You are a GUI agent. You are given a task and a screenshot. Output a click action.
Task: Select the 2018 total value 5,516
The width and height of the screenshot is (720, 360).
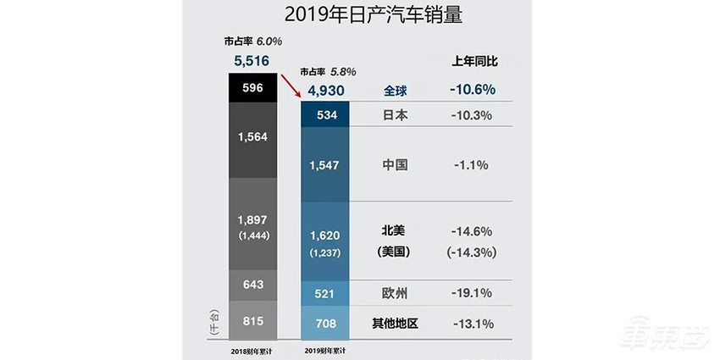pos(252,60)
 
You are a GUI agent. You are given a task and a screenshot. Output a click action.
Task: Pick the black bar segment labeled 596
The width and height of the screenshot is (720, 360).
pos(252,87)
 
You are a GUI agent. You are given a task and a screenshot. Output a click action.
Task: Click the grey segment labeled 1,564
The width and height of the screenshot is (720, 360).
pos(252,141)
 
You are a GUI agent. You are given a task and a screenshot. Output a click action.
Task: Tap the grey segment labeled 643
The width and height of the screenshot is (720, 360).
pos(252,285)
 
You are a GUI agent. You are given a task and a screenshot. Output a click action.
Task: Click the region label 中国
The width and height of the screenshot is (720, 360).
pos(395,164)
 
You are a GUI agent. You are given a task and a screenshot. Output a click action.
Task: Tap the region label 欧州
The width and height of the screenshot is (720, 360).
pos(395,293)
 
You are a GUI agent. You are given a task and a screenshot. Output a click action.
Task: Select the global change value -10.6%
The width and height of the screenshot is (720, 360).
pos(474,89)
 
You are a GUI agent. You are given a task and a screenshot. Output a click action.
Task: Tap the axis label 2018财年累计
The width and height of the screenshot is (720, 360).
pos(252,349)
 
